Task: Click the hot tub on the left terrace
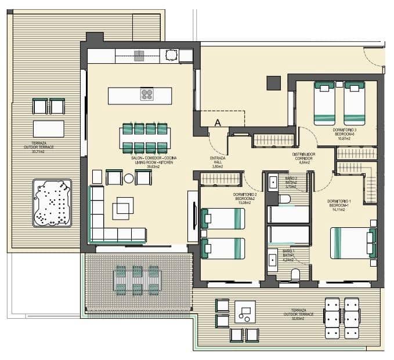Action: pyautogui.click(x=52, y=203)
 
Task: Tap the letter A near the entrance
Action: pyautogui.click(x=218, y=122)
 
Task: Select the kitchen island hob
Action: pyautogui.click(x=147, y=95)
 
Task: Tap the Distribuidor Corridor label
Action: pyautogui.click(x=303, y=157)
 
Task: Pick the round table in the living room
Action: pyautogui.click(x=128, y=178)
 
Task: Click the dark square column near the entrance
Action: pyautogui.click(x=273, y=83)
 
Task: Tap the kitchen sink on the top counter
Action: pyautogui.click(x=139, y=56)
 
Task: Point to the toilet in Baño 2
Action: pyautogui.click(x=284, y=199)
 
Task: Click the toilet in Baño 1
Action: pyautogui.click(x=295, y=274)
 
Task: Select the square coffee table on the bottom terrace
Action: pyautogui.click(x=245, y=312)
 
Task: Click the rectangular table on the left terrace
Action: pyautogui.click(x=48, y=128)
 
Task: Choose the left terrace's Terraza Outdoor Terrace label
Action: pyautogui.click(x=43, y=147)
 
